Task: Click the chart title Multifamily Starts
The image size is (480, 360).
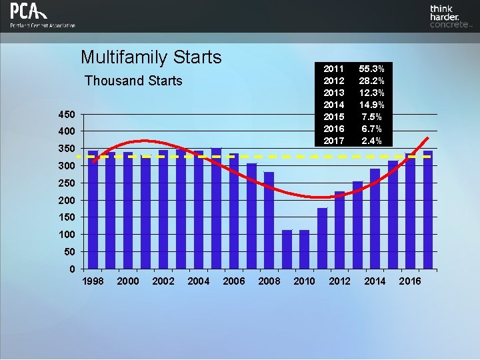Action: pyautogui.click(x=151, y=57)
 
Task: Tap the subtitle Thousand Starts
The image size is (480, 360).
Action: pyautogui.click(x=133, y=81)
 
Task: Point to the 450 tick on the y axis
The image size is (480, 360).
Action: pyautogui.click(x=67, y=113)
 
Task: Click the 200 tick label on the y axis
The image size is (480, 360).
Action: pyautogui.click(x=67, y=200)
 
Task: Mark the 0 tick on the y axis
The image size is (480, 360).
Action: pyautogui.click(x=71, y=269)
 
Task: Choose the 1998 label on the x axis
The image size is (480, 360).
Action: pyautogui.click(x=93, y=281)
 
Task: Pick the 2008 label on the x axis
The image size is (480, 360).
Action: pyautogui.click(x=269, y=281)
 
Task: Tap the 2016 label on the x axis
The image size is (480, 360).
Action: pyautogui.click(x=410, y=281)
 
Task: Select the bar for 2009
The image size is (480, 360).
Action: pyautogui.click(x=287, y=249)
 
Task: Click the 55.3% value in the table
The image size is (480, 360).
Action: pyautogui.click(x=371, y=69)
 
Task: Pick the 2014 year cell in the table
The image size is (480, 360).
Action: pyautogui.click(x=333, y=105)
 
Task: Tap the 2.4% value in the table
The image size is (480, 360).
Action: pyautogui.click(x=371, y=141)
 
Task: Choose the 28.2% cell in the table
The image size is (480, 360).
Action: pyautogui.click(x=371, y=81)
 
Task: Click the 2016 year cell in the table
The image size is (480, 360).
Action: pyautogui.click(x=333, y=129)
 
